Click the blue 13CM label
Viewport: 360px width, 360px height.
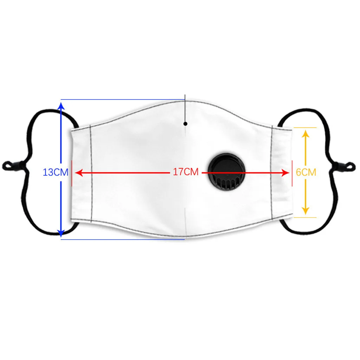coord(55,173)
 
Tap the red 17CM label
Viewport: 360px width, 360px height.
coord(186,172)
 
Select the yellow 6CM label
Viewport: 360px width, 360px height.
coord(306,172)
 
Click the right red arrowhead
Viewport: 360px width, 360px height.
coord(285,173)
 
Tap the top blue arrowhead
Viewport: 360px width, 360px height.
coord(61,104)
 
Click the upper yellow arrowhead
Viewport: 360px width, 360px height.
coord(305,133)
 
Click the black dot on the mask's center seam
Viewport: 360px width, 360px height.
coord(185,123)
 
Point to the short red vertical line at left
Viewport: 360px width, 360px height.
coord(72,173)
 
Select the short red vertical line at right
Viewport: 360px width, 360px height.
coord(292,173)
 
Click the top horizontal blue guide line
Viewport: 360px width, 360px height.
coord(123,99)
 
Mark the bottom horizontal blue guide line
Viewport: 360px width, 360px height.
coord(123,239)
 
